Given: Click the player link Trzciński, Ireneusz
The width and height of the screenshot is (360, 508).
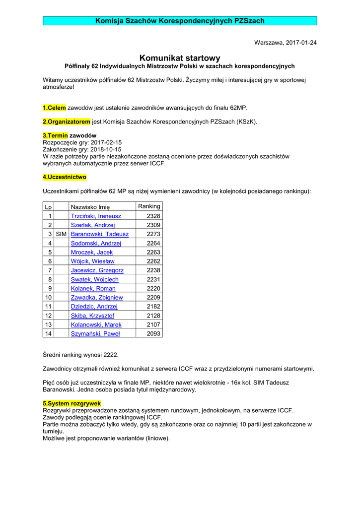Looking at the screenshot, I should tap(96, 216).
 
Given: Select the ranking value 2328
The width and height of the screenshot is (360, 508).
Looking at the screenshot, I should tap(153, 216).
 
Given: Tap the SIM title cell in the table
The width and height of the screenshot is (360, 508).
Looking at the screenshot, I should tap(61, 234).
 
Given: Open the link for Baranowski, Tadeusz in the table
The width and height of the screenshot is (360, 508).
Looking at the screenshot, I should tap(100, 234).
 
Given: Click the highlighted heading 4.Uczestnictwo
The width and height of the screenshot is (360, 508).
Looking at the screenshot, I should tap(65, 177).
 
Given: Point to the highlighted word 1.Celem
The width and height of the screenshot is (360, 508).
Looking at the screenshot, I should tap(54, 108).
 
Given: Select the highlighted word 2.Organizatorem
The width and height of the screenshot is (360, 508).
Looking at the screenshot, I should tap(67, 122).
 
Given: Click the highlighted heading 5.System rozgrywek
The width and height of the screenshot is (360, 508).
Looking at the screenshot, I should tap(72, 403).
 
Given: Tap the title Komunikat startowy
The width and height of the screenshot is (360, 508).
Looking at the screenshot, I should tap(180, 58).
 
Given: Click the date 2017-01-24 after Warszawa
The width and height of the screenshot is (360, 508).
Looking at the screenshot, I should tap(301, 43).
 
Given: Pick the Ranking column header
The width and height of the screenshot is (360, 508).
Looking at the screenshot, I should tap(149, 206).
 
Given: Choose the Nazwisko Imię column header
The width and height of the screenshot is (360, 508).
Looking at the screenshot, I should tap(90, 207).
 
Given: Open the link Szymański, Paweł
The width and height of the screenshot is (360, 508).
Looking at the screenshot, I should tap(95, 333).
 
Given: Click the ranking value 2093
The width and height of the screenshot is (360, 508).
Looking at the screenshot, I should tap(153, 333).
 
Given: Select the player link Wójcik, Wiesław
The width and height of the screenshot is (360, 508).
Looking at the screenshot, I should tap(93, 261).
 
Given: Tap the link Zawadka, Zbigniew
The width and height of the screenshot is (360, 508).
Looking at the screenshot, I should tap(97, 297).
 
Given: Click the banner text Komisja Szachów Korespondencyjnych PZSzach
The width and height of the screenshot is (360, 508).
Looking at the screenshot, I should tap(180, 21).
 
